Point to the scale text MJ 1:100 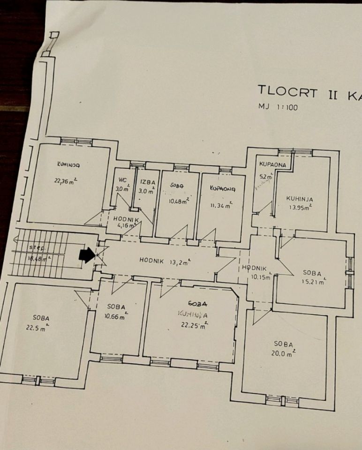pyautogui.click(x=278, y=107)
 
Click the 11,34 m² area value pyautogui.click(x=221, y=205)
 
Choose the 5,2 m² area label pyautogui.click(x=266, y=177)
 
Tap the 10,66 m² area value pyautogui.click(x=115, y=317)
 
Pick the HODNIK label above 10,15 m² pyautogui.click(x=254, y=268)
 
